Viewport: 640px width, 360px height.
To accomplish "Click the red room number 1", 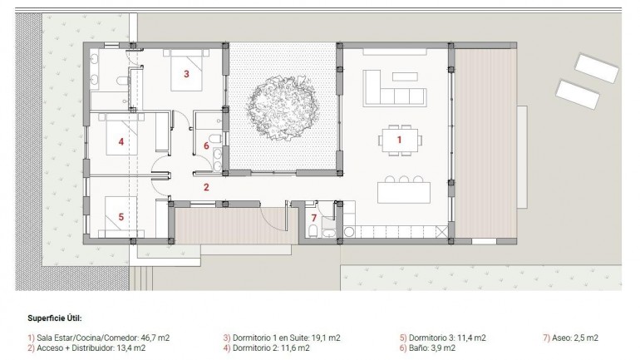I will pos(399,141).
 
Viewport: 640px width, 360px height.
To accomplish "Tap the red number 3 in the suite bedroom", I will pos(186,74).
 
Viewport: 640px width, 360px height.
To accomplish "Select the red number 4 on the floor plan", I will pos(121,142).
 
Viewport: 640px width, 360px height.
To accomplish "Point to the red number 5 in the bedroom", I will pos(121,217).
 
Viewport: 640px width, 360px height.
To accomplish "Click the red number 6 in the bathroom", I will pos(207,145).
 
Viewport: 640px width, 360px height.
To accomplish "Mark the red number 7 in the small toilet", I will pos(313,219).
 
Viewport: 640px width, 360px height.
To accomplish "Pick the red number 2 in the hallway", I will pos(207,187).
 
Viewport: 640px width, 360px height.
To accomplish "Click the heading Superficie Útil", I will pos(54,318).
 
